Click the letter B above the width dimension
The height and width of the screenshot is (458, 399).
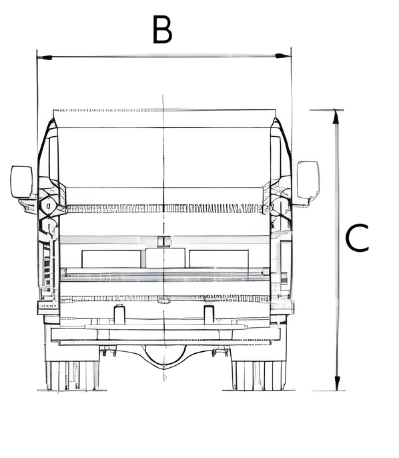tap(162, 29)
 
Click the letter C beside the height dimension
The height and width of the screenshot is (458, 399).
tap(357, 238)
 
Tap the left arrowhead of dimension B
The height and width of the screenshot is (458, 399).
tap(45, 57)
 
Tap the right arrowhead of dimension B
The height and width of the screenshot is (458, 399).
tap(283, 56)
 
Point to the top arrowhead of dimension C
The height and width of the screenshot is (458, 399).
tap(336, 118)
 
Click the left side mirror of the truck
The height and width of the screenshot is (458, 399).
tap(21, 182)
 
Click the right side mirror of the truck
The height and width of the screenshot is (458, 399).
tap(308, 180)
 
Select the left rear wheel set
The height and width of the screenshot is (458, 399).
tap(73, 376)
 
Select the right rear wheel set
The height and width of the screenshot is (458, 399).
tap(259, 376)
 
